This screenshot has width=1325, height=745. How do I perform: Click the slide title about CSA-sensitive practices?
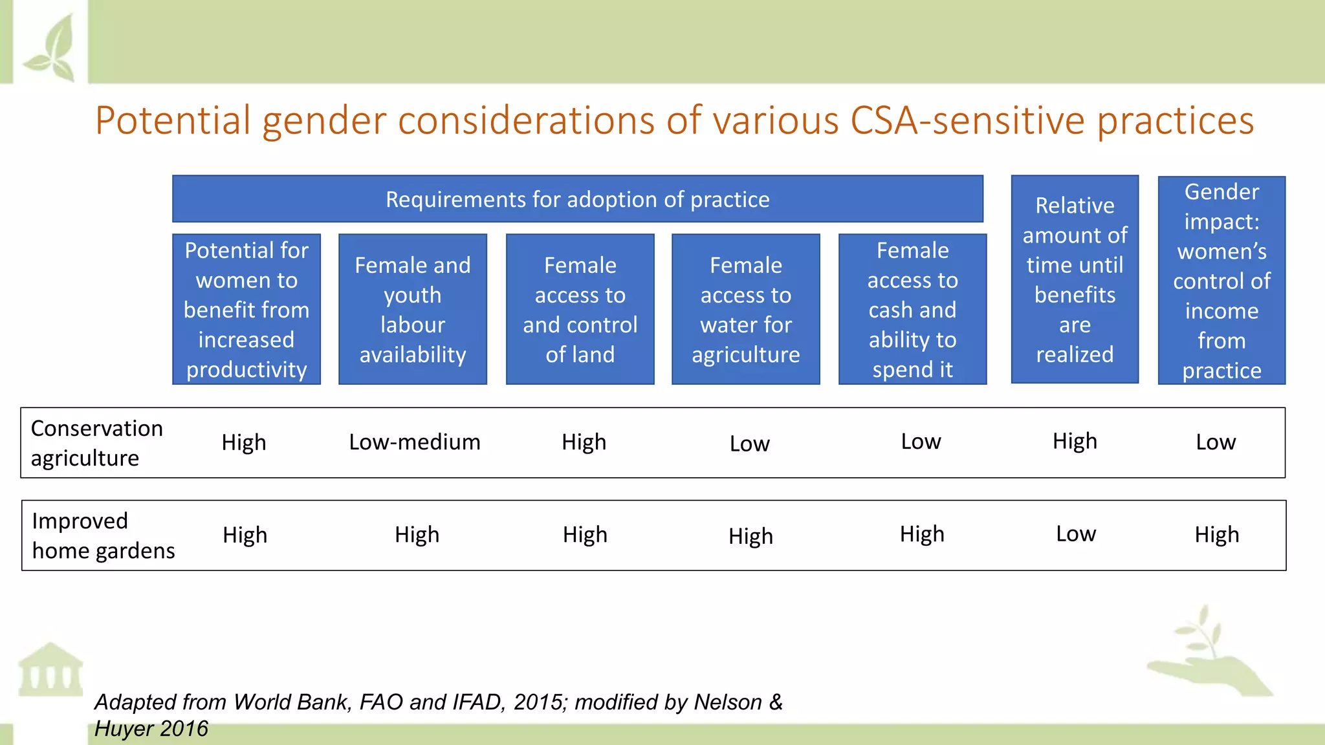[x=674, y=120]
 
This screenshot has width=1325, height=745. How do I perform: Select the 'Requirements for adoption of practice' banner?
[x=577, y=199]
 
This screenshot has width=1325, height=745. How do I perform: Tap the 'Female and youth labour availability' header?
[x=413, y=309]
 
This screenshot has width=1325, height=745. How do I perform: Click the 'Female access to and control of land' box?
[x=580, y=309]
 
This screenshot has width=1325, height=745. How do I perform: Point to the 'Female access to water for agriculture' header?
[x=746, y=309]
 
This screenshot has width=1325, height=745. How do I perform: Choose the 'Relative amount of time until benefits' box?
[x=1075, y=279]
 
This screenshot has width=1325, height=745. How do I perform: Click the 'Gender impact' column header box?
[x=1221, y=281]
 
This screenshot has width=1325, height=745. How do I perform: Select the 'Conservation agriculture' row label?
[x=97, y=443]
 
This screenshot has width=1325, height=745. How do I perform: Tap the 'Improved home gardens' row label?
[x=103, y=535]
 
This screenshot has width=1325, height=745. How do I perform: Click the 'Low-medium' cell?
[x=415, y=442]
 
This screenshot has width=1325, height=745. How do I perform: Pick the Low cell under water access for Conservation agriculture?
[x=750, y=444]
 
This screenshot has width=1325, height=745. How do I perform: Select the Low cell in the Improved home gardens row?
[x=1076, y=534]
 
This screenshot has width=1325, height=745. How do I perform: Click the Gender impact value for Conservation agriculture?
[x=1216, y=442]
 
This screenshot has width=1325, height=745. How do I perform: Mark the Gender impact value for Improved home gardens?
[x=1216, y=535]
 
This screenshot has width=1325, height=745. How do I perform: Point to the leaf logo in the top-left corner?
[x=50, y=49]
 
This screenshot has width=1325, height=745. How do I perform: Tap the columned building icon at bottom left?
[x=50, y=669]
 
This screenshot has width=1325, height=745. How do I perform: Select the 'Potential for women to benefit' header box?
[x=246, y=309]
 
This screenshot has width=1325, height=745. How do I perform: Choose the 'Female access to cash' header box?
[x=912, y=309]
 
